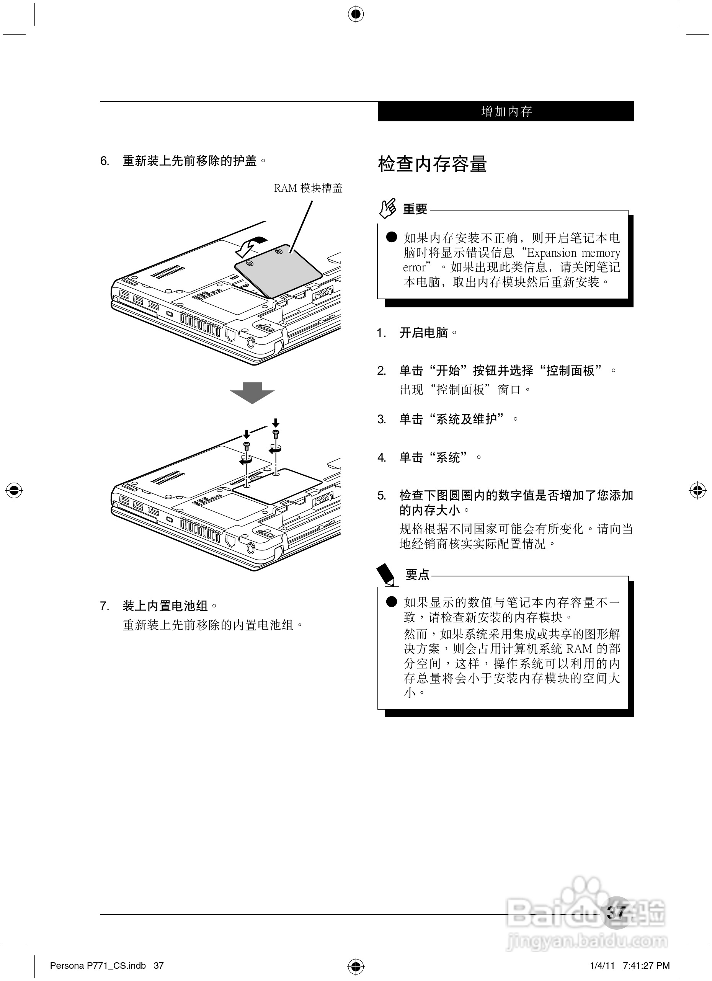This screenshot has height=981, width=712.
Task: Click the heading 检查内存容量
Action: (432, 164)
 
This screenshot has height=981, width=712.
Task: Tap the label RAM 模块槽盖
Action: (308, 188)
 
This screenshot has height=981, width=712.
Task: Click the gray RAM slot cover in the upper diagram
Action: (279, 271)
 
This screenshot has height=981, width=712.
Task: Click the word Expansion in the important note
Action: (552, 253)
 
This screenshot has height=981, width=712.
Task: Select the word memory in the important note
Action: (600, 253)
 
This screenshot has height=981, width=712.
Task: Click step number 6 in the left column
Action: (105, 162)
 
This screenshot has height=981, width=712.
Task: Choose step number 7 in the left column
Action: (105, 606)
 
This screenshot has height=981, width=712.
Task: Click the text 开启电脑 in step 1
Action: (423, 333)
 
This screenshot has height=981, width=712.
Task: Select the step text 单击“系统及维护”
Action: (452, 419)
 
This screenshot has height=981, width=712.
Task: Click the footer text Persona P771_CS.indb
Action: (98, 965)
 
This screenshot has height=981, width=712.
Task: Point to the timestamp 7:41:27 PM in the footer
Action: (646, 965)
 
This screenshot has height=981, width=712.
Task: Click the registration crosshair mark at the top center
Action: (356, 14)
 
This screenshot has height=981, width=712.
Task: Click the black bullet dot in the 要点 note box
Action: (392, 602)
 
